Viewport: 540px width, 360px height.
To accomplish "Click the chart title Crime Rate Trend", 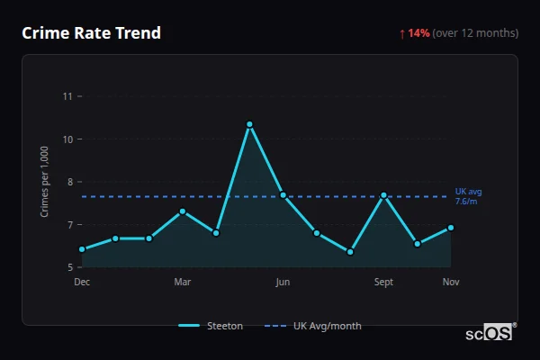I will [91, 33].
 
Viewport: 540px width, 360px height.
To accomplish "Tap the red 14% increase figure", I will [418, 33].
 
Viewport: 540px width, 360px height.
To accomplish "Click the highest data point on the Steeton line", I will [249, 124].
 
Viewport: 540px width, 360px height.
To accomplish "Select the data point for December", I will [82, 249].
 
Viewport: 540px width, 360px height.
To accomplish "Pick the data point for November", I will [451, 228].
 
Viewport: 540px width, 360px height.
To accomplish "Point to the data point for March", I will [183, 211].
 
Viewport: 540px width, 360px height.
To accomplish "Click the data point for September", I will [383, 195].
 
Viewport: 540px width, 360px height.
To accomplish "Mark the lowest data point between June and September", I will [350, 252].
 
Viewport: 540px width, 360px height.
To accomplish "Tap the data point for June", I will [283, 194].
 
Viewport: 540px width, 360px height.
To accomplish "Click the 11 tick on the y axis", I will [68, 96].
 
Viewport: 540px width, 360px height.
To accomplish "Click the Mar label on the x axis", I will [183, 283].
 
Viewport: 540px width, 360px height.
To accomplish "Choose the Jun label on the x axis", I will [283, 283].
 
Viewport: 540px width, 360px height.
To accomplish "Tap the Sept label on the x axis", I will [383, 283].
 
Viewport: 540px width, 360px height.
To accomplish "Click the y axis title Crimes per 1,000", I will [45, 181].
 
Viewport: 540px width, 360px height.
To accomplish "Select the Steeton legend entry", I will [211, 326].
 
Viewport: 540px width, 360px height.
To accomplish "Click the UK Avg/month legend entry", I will [315, 326].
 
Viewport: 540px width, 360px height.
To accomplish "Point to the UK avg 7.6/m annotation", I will [468, 196].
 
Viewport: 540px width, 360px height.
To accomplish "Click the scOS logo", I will [490, 332].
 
